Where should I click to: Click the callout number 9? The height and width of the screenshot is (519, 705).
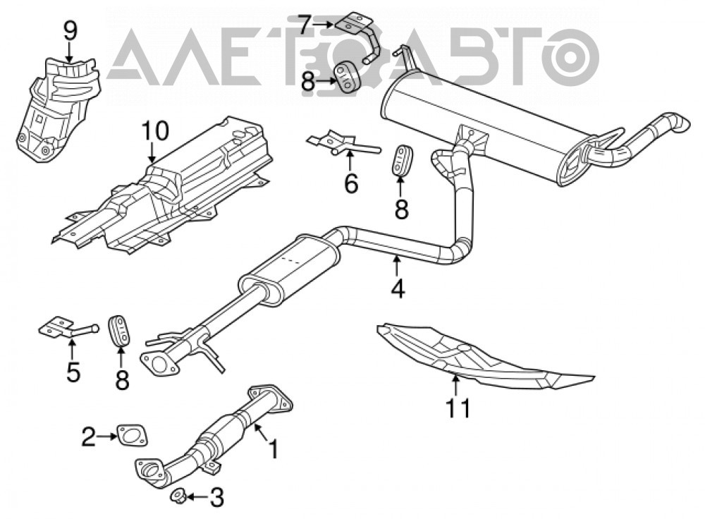70,31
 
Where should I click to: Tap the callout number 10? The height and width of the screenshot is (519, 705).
154,130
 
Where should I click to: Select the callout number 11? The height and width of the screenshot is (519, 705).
458,408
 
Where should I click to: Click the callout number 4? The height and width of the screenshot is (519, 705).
398,288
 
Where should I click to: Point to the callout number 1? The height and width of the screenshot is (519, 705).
274,449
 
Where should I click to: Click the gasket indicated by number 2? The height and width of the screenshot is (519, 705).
133,436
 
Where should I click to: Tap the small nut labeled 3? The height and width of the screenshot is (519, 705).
178,497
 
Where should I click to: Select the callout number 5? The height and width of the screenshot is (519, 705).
73,372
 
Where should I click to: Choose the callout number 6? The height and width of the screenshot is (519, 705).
350,183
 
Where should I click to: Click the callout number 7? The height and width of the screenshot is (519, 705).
305,25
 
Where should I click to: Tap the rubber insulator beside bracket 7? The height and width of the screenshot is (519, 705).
349,77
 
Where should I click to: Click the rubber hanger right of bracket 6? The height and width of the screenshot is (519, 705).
400,159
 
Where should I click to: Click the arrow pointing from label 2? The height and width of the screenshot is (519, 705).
106,436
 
